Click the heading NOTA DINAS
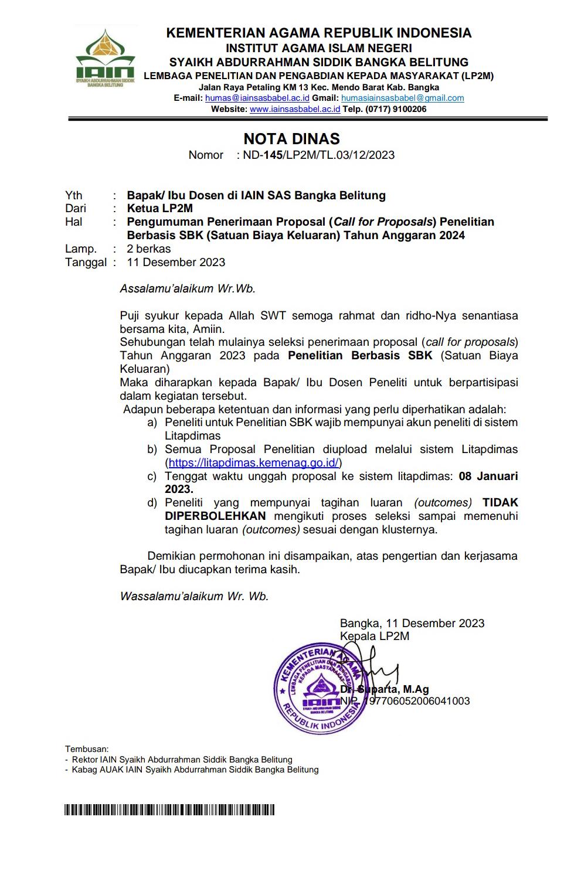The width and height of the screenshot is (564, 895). coord(291,139)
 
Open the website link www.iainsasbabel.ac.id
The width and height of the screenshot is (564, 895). coord(295,109)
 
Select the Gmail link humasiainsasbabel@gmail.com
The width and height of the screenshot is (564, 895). coord(402,98)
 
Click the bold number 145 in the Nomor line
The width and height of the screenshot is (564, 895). coord(273,155)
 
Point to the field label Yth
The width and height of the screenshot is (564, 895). coord(74,195)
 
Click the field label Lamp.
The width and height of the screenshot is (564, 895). coord(81,249)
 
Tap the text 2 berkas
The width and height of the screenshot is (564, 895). coord(149,249)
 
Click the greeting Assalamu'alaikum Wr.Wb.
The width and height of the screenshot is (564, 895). coord(188,288)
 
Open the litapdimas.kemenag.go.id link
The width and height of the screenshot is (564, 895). coord(253,463)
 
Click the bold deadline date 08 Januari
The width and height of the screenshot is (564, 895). coord(488,477)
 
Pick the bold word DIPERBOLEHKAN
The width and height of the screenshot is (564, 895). coord(215,516)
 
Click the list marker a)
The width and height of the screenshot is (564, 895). coord(152,423)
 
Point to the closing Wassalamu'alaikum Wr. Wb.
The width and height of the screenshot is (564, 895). coord(194,597)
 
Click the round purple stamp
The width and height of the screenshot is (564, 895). coord(320,689)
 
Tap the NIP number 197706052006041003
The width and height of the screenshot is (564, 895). coord(416,701)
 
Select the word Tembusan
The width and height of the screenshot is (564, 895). coord(87,748)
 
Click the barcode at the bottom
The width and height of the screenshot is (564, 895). coord(169,810)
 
